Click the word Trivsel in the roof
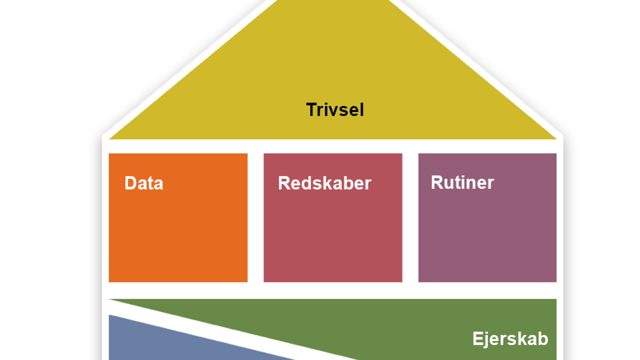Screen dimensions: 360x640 pyautogui.click(x=335, y=110)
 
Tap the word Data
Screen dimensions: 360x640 pyautogui.click(x=144, y=183)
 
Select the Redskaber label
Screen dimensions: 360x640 pyautogui.click(x=324, y=183)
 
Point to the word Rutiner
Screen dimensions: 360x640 pyautogui.click(x=462, y=182)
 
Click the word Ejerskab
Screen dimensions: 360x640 pyautogui.click(x=510, y=339)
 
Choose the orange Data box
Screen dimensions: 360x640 pyautogui.click(x=178, y=233)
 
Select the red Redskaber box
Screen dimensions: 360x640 pyautogui.click(x=333, y=233)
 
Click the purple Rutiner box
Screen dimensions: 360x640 pyautogui.click(x=487, y=233)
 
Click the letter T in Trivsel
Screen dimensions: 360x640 pyautogui.click(x=311, y=110)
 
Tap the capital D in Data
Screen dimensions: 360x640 pyautogui.click(x=130, y=183)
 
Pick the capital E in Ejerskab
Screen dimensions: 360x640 pyautogui.click(x=477, y=339)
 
